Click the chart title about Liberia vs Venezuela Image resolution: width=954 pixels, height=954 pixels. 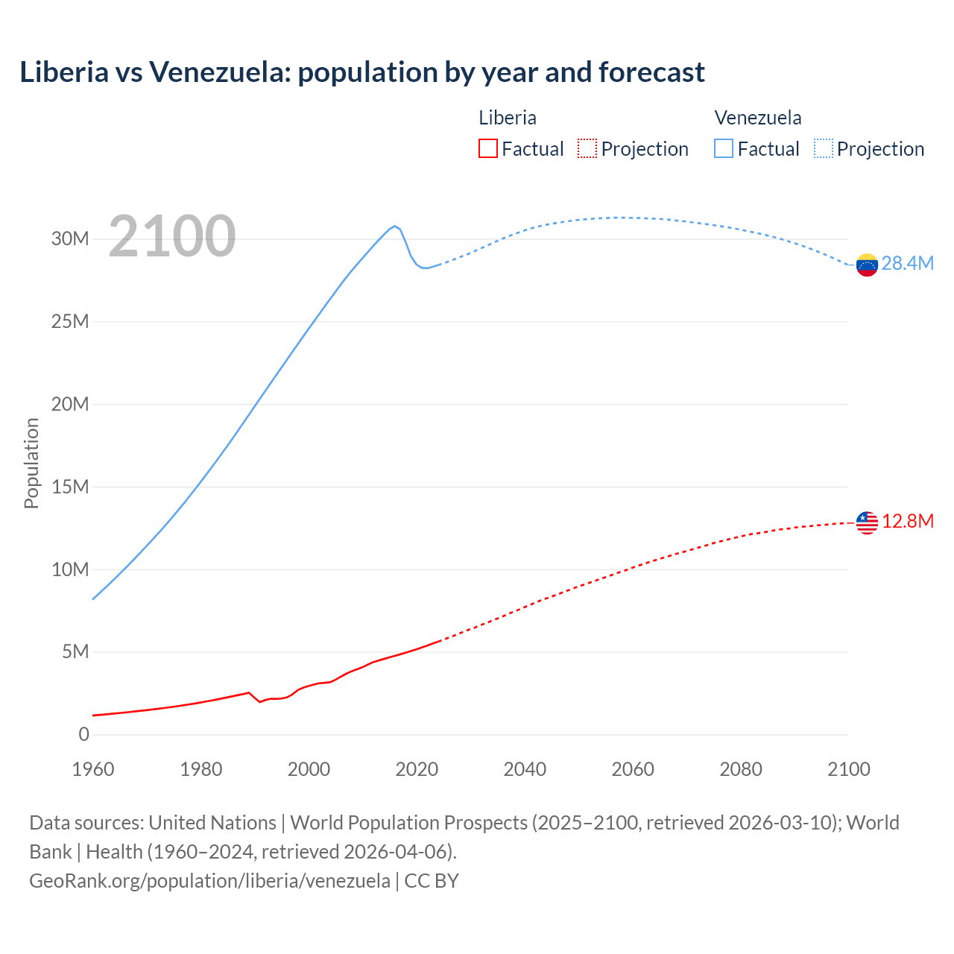pos(362,72)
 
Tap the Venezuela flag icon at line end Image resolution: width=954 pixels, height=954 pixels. pos(867,265)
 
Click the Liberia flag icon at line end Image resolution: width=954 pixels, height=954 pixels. pos(867,522)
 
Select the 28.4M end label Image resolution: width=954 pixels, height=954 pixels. pos(907,263)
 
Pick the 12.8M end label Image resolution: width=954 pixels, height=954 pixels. pos(907,521)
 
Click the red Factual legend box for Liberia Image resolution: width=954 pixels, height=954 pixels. pos(488,148)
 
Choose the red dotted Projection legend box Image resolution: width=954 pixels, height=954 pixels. pos(587,148)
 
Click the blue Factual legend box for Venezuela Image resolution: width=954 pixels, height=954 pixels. pos(724,148)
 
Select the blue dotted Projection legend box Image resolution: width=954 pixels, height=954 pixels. pos(824,148)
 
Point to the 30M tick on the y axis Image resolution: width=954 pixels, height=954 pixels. pos(70,238)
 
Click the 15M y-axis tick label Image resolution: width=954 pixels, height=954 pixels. pos(70,487)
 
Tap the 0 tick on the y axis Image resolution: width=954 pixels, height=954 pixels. pos(83,734)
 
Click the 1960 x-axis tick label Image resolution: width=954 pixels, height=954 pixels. pos(93,769)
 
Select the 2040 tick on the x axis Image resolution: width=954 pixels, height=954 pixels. pos(525,769)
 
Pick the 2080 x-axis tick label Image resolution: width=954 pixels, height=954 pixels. pos(741,769)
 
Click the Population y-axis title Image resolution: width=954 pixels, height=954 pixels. pos(31,463)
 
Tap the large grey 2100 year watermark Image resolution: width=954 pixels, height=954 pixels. pos(172,236)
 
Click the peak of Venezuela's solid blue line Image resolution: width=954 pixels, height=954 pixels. pos(395,226)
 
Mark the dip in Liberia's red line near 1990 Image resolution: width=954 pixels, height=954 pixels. pos(260,701)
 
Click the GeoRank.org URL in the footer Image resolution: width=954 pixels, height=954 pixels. pos(209,880)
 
